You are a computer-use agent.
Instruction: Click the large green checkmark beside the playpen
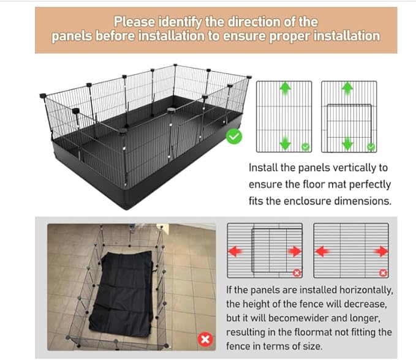233,137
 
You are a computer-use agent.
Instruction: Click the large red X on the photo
206,339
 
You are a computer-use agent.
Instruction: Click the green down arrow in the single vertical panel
285,143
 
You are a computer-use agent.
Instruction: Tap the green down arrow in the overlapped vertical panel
347,143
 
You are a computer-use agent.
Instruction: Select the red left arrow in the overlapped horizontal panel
235,252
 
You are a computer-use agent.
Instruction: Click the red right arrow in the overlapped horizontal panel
295,252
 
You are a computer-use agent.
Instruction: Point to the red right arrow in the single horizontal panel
381,252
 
